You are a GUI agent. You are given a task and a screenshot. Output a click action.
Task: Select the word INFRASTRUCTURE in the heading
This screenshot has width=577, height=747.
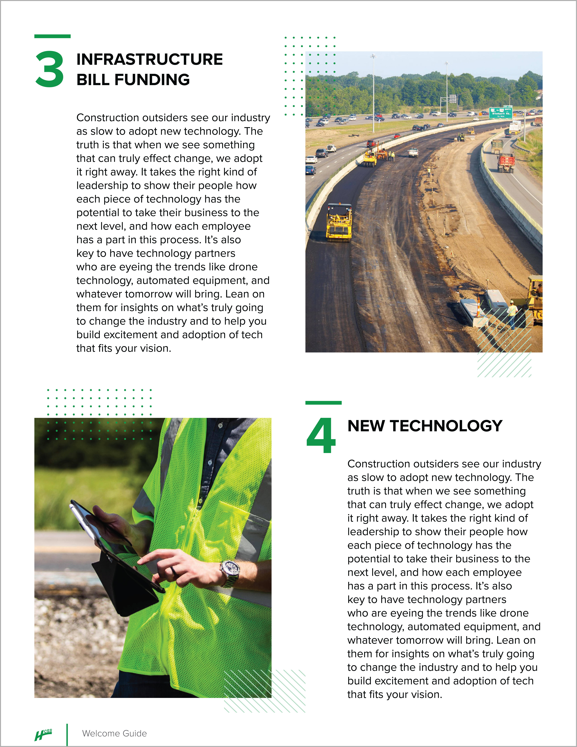[149, 60]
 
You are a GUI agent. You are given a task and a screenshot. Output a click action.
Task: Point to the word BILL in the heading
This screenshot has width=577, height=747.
[93, 80]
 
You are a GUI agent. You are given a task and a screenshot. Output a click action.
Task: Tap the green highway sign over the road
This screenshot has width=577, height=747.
[500, 112]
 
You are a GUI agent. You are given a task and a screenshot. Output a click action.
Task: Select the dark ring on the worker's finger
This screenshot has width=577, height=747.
[174, 570]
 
